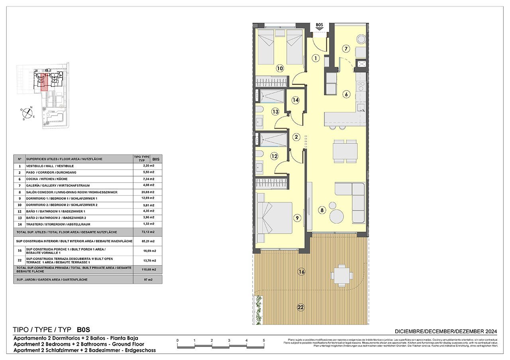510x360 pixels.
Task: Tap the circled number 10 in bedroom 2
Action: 280,68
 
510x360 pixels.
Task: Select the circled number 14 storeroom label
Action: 295,100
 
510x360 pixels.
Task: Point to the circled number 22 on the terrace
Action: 300,307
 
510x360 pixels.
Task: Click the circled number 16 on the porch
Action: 301,272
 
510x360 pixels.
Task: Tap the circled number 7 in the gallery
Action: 346,49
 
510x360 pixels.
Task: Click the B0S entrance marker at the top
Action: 319,26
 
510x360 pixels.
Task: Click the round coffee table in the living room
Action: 337,217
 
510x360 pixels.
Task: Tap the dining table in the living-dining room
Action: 345,151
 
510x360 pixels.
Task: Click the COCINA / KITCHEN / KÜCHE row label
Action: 52,179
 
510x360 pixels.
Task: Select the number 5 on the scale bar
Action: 264,340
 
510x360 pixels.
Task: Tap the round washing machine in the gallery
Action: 361,39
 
